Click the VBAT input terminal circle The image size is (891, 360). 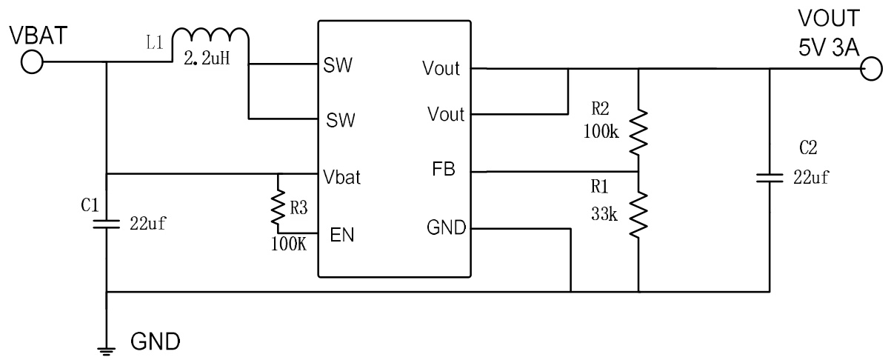(32, 63)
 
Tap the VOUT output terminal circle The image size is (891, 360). (872, 70)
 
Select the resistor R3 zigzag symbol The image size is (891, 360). (279, 209)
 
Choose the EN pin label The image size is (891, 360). (342, 235)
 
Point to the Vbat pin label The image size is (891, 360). (342, 179)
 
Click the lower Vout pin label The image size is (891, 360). (445, 115)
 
